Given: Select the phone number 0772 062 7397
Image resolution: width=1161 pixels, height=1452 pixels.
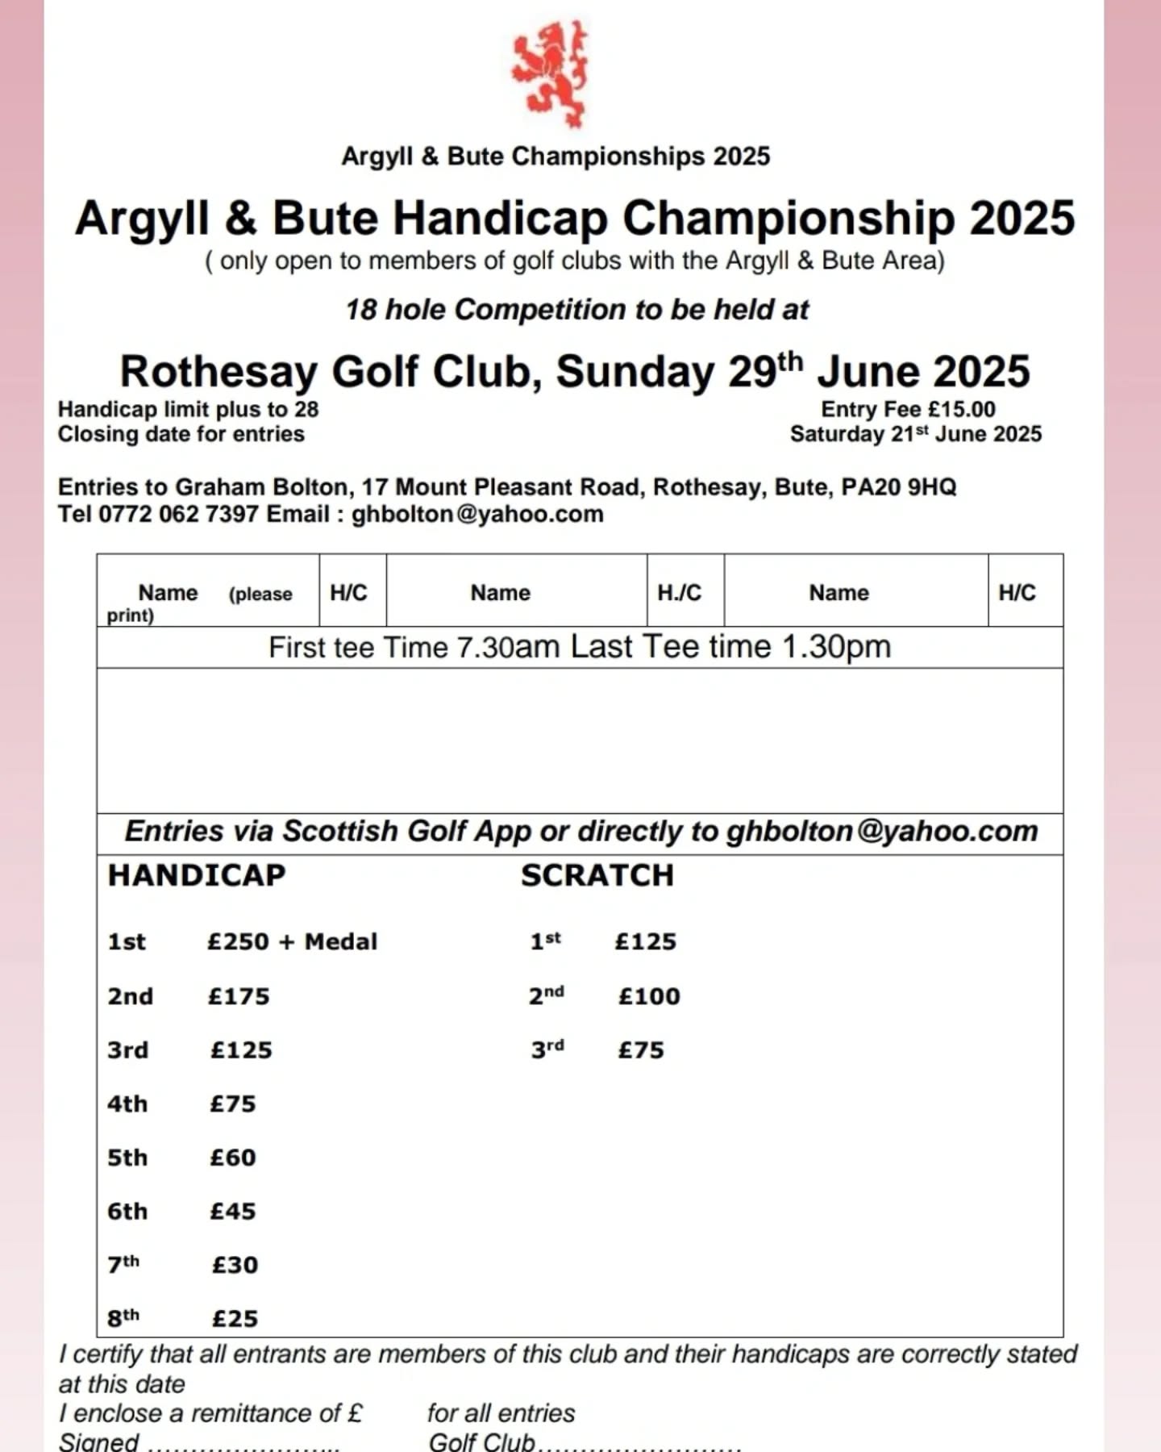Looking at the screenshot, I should pos(178,514).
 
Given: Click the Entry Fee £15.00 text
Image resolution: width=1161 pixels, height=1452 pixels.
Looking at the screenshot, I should pos(908,409).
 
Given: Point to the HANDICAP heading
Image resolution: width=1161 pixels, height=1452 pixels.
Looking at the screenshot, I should pos(197,875).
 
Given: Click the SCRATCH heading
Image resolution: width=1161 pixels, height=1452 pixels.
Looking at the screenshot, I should pos(597,875).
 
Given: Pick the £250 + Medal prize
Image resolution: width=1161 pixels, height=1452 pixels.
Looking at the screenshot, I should pos(292,941).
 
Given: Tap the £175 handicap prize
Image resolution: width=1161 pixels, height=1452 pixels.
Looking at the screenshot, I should pos(239,996).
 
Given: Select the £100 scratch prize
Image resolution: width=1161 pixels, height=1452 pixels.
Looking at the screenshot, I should pos(649,996).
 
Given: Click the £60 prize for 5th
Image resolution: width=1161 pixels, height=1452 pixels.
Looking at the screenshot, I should pos(233,1158).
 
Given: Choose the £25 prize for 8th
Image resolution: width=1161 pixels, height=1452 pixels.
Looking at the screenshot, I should pos(235,1318).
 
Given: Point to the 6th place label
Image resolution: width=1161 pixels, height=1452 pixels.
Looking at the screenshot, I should pos(127,1211).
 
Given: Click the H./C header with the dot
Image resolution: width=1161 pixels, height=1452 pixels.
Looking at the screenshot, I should pos(679,593).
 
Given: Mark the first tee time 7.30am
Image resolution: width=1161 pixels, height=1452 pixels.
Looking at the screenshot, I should pos(508,648).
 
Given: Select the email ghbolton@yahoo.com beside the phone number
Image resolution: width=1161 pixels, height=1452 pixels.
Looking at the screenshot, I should pos(477,514).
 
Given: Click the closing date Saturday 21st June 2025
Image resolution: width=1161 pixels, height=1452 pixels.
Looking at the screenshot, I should pos(916,434).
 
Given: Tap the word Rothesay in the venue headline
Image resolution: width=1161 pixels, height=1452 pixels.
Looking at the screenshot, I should pos(218,373).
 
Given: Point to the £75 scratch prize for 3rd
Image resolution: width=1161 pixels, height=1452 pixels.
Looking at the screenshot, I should pos(641,1050).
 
